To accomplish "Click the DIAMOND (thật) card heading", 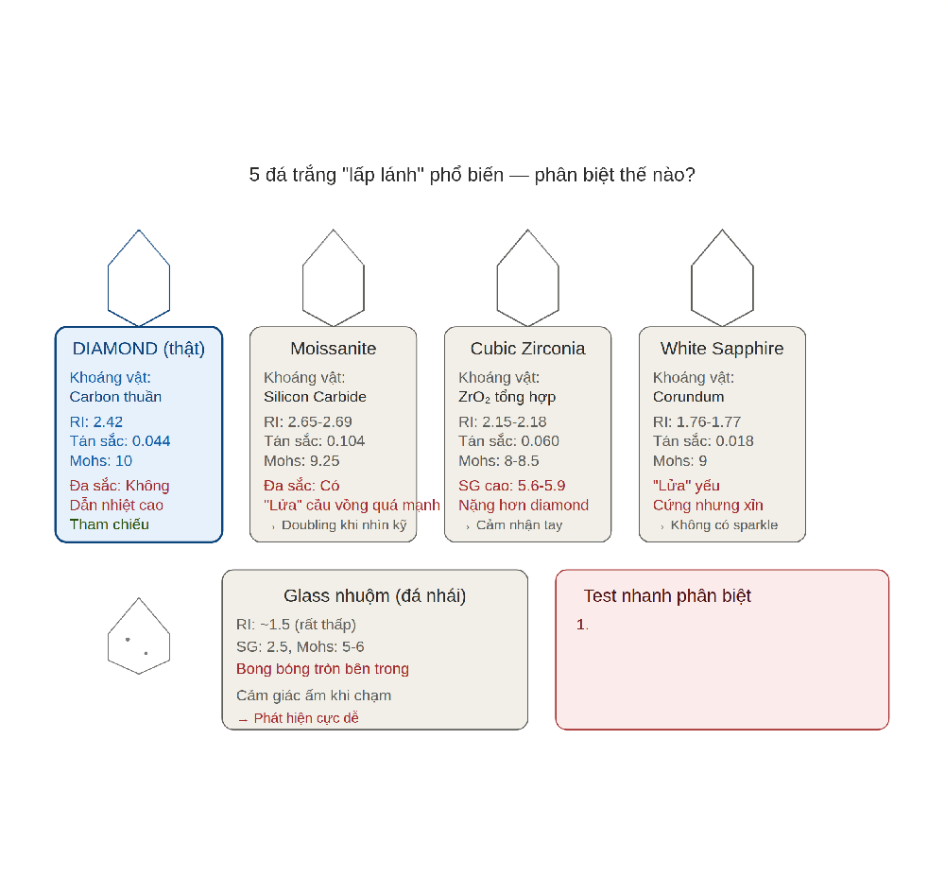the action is [139, 349].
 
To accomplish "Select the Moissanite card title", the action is [334, 349].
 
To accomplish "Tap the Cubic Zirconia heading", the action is [528, 349].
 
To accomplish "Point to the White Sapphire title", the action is [722, 349].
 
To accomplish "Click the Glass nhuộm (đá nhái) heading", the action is [375, 596].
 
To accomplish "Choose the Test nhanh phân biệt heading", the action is [667, 596].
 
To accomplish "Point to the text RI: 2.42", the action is [96, 421].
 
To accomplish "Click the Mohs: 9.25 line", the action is [302, 461].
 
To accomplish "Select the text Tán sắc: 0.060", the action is [508, 441].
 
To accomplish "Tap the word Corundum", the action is [688, 397].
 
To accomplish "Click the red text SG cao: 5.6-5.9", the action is [511, 486].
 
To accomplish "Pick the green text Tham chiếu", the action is [109, 524].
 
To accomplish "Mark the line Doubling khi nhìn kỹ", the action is [344, 524].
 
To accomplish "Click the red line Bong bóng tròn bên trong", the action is [322, 669].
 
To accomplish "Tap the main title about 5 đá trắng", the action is [472, 175].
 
